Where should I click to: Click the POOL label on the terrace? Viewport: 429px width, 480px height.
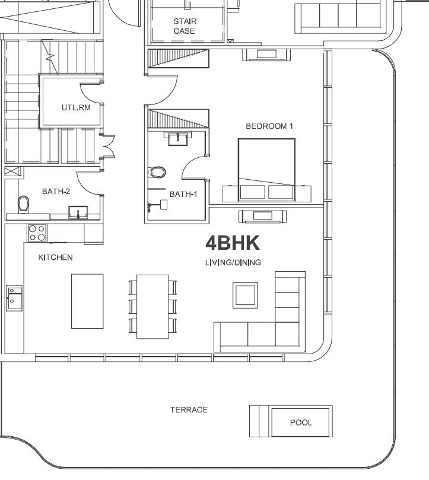pyautogui.click(x=301, y=422)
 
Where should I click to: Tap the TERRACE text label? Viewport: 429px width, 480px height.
pyautogui.click(x=189, y=410)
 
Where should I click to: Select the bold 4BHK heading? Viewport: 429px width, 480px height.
pyautogui.click(x=233, y=243)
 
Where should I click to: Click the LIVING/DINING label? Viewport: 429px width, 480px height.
pyautogui.click(x=233, y=262)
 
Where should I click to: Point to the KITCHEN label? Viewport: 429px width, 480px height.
pyautogui.click(x=55, y=258)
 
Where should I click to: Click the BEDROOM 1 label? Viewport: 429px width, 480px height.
pyautogui.click(x=269, y=126)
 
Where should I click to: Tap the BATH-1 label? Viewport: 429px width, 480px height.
pyautogui.click(x=183, y=194)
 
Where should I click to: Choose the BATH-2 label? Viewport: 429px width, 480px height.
pyautogui.click(x=56, y=191)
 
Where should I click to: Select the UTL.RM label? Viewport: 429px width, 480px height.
pyautogui.click(x=76, y=108)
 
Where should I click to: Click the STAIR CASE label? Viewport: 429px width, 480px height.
pyautogui.click(x=185, y=26)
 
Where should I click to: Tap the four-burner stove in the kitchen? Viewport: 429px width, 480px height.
pyautogui.click(x=37, y=233)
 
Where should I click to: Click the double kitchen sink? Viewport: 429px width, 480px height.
pyautogui.click(x=14, y=298)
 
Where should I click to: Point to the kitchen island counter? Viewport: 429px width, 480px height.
pyautogui.click(x=87, y=301)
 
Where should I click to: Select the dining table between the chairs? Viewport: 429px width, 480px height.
pyautogui.click(x=152, y=307)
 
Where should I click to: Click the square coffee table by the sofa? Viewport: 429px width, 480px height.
pyautogui.click(x=245, y=295)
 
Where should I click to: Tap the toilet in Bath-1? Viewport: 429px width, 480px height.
pyautogui.click(x=157, y=172)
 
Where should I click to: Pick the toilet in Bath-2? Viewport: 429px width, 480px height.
pyautogui.click(x=23, y=204)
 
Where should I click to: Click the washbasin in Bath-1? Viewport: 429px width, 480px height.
pyautogui.click(x=177, y=138)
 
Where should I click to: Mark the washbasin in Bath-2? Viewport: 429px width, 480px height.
pyautogui.click(x=78, y=212)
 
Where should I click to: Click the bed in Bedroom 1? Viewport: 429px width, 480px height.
pyautogui.click(x=266, y=170)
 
